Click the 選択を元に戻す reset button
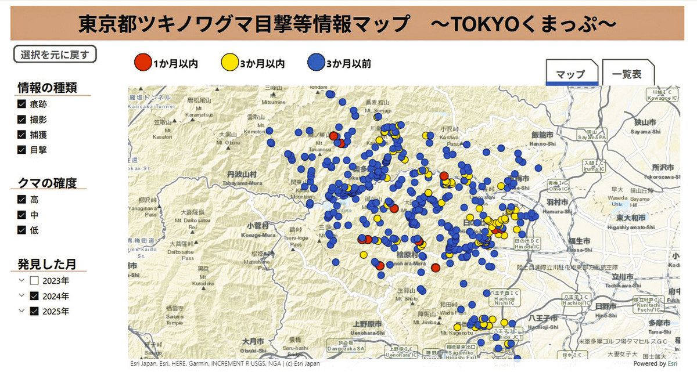coord(55,55)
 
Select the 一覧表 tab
coord(628,74)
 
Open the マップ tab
coord(570,74)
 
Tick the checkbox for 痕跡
coord(22,104)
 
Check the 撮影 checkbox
coord(22,120)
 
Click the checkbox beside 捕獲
coord(22,135)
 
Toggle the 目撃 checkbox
coord(22,150)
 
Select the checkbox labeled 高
coord(22,200)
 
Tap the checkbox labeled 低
coord(22,230)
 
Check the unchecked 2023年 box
coord(34,281)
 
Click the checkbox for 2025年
coord(34,311)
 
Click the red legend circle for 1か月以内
coord(142,62)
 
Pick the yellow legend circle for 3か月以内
coord(230,62)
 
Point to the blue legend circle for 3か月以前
coord(316,62)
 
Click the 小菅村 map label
coord(258,225)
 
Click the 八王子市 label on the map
coord(545,318)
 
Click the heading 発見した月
coord(46,264)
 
